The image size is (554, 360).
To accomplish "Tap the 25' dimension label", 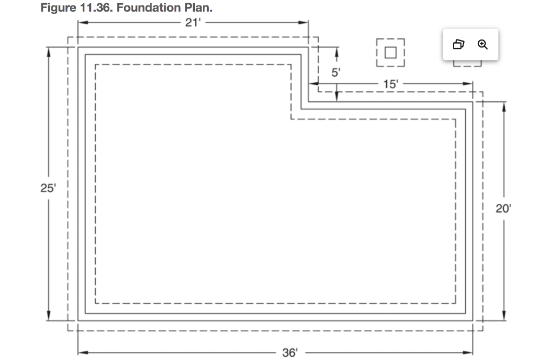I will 48,188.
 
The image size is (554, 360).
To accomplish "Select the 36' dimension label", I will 289,353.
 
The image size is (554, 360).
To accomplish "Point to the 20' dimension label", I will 503,209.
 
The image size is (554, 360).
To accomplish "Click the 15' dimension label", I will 390,84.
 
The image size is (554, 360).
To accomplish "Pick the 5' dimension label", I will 336,73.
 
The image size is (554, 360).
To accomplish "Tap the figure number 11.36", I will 92,9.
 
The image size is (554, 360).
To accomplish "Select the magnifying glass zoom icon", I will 483,44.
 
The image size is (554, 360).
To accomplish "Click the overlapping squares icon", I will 458,44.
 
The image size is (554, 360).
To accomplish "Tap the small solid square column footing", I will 390,52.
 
